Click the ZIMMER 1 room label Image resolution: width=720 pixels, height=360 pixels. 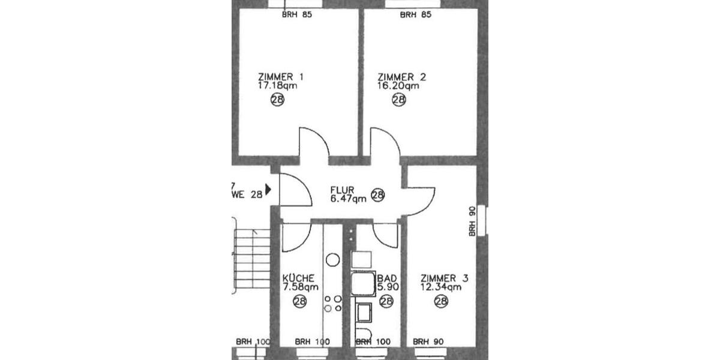click(280, 77)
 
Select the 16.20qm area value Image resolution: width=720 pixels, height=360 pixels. click(398, 86)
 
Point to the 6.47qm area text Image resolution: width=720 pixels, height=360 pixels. click(348, 200)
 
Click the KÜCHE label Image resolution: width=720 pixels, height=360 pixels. click(298, 278)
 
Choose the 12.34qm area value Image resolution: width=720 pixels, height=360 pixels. click(440, 287)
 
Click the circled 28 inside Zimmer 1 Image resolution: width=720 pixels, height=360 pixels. click(277, 100)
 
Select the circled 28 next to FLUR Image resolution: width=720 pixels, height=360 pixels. click(377, 195)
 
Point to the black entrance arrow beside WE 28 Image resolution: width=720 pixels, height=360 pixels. click(268, 190)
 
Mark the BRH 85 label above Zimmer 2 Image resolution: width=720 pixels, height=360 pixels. click(416, 14)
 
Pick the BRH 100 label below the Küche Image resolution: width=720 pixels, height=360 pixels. click(313, 341)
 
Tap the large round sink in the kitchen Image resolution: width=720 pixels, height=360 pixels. click(332, 260)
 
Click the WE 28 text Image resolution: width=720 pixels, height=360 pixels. click(247, 193)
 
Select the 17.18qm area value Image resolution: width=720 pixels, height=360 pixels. click(278, 86)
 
